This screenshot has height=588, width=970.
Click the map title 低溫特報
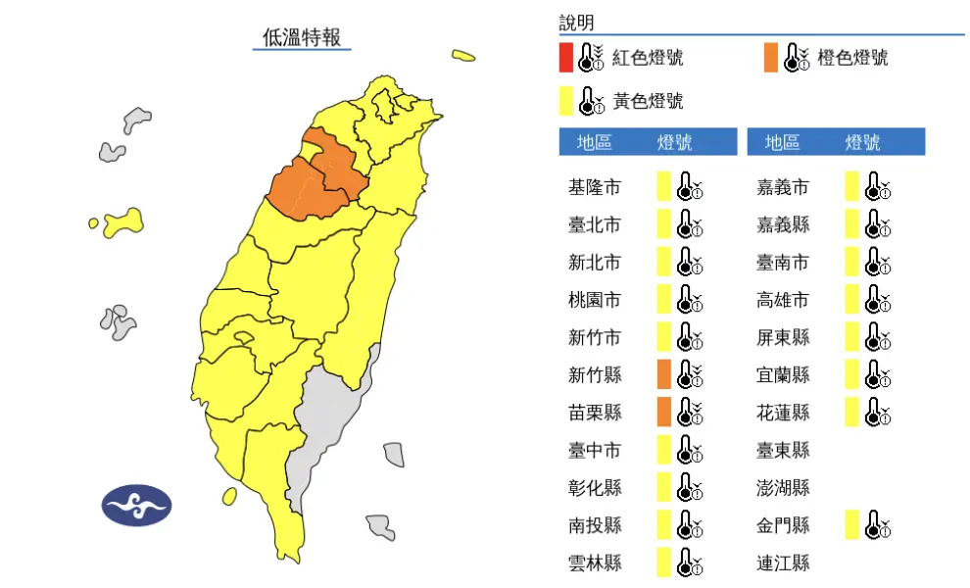click(302, 38)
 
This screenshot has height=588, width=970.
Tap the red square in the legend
click(566, 58)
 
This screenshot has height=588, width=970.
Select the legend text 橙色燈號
click(851, 58)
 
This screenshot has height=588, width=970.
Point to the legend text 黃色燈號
click(648, 101)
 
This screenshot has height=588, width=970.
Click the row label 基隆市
click(594, 187)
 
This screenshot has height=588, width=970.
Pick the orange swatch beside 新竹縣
click(663, 374)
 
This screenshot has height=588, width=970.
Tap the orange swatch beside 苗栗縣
click(663, 412)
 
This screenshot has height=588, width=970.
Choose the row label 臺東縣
click(783, 450)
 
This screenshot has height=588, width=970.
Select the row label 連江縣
click(783, 563)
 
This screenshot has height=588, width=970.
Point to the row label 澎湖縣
click(783, 487)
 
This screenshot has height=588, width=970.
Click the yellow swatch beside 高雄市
click(851, 300)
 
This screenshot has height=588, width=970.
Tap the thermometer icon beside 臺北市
click(691, 225)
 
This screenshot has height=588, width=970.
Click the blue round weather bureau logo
click(136, 506)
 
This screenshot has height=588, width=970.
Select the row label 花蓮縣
click(783, 413)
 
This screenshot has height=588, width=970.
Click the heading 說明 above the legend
click(576, 23)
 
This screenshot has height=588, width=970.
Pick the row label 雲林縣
click(594, 563)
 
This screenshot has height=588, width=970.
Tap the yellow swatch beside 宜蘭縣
click(851, 374)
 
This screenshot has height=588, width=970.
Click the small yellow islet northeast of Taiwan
click(463, 56)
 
